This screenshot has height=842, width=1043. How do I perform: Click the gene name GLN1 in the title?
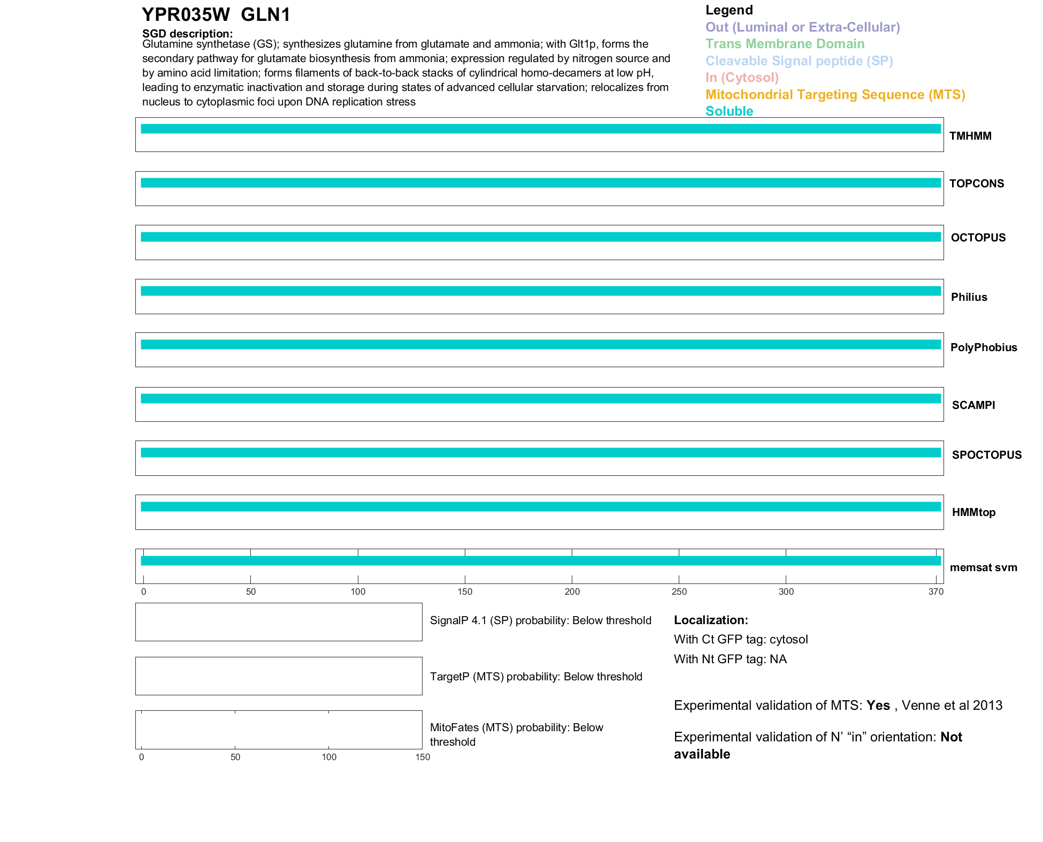(265, 15)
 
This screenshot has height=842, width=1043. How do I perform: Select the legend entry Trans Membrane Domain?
(785, 44)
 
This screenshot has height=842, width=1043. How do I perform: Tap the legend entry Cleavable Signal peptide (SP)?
(799, 61)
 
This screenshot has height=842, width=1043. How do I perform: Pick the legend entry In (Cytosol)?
(742, 78)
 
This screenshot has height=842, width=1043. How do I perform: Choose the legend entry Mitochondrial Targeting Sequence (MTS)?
(835, 95)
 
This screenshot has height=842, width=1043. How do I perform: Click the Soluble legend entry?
(729, 111)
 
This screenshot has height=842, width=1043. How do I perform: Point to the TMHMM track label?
(970, 136)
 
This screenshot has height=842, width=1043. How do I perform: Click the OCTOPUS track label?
(978, 238)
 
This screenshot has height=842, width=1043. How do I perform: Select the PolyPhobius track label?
(983, 347)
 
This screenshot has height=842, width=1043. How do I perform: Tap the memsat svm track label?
(983, 567)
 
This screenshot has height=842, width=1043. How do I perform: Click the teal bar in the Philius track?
(540, 291)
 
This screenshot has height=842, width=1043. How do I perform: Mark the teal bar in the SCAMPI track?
(540, 399)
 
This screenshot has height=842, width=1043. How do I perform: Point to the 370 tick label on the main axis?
(936, 591)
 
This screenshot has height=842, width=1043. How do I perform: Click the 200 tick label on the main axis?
(572, 591)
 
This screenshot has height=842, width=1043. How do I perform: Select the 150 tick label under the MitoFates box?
(423, 757)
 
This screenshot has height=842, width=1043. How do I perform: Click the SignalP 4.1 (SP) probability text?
(540, 620)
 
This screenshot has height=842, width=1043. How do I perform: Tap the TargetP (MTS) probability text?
(536, 677)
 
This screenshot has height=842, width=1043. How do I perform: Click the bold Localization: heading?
(711, 620)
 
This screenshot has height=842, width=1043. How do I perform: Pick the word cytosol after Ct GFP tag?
(788, 639)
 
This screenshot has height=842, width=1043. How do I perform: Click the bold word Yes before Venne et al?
(878, 706)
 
